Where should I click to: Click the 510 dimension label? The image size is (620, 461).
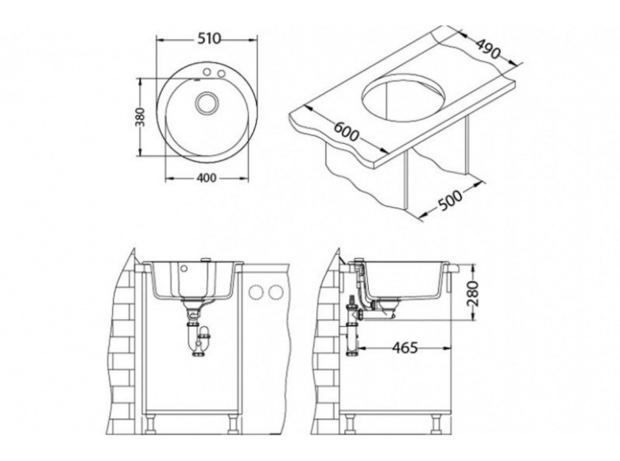pyautogui.click(x=208, y=39)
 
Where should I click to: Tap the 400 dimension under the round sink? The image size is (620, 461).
pyautogui.click(x=206, y=178)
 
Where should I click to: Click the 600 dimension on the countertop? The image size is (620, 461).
pyautogui.click(x=347, y=131)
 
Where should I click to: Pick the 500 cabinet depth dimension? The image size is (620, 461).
pyautogui.click(x=451, y=200)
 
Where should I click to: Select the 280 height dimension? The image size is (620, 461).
pyautogui.click(x=473, y=294)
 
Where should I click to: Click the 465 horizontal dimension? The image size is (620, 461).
pyautogui.click(x=405, y=347)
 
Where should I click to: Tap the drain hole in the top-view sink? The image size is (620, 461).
pyautogui.click(x=206, y=103)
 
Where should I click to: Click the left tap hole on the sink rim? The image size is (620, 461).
pyautogui.click(x=206, y=72)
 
